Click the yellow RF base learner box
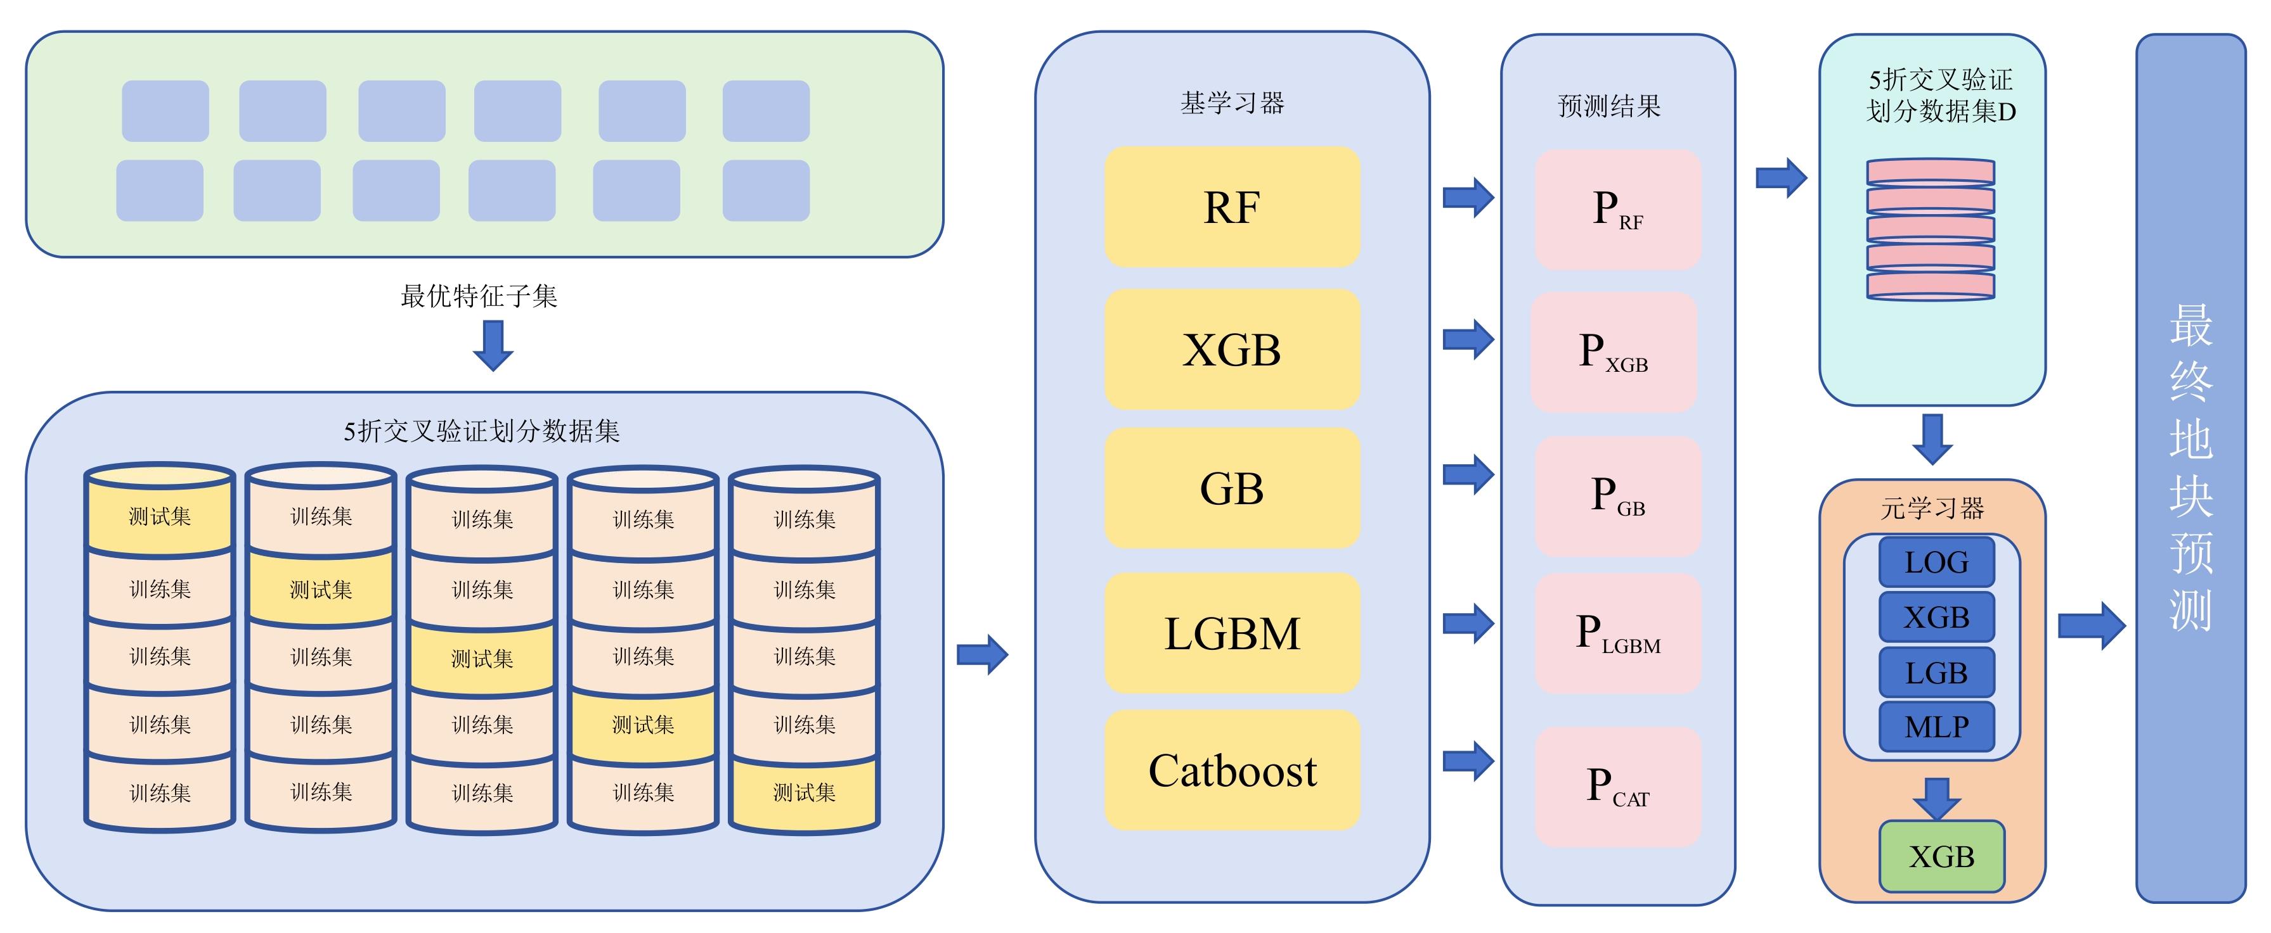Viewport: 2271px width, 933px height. click(x=1232, y=208)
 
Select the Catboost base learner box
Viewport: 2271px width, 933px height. click(x=1232, y=771)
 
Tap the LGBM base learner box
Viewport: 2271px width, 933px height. click(x=1232, y=633)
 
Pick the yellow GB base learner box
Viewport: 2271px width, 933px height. click(x=1232, y=489)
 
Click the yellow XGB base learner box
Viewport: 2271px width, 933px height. click(x=1232, y=350)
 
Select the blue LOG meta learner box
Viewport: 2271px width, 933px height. click(x=1936, y=562)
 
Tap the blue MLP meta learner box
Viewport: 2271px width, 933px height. click(x=1936, y=727)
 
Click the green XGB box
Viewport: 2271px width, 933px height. click(x=1941, y=856)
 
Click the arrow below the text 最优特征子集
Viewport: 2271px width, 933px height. click(x=493, y=345)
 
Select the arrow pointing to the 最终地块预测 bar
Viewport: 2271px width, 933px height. click(x=2091, y=626)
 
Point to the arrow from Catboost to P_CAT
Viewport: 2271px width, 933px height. click(x=1468, y=761)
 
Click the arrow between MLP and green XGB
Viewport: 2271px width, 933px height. click(x=1936, y=798)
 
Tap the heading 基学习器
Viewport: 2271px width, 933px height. click(x=1232, y=104)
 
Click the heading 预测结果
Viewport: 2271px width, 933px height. click(x=1609, y=106)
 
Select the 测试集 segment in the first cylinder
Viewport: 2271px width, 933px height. click(x=160, y=517)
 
